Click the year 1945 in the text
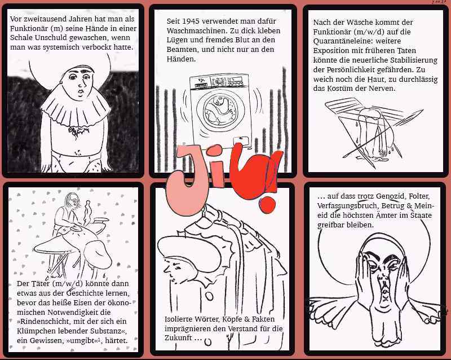pos(191,21)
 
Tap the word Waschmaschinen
pos(193,31)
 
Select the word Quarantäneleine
pos(342,41)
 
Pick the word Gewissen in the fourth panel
pos(41,341)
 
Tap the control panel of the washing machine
pos(220,81)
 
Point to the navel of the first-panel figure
pos(77,151)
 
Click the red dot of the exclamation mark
pos(268,205)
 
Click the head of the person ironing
pos(73,199)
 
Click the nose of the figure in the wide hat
pos(166,269)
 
